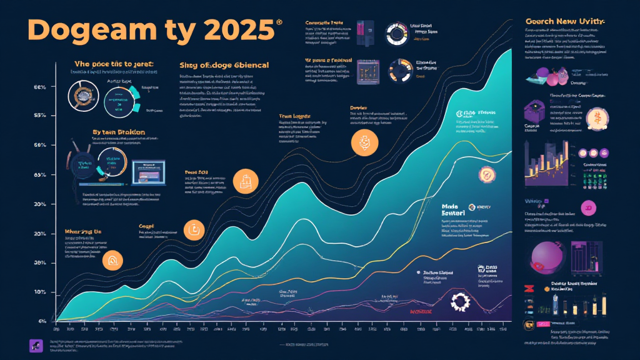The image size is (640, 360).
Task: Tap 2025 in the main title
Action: tap(241, 31)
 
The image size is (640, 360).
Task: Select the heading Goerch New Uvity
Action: tap(566, 22)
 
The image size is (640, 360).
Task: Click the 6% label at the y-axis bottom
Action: tap(42, 321)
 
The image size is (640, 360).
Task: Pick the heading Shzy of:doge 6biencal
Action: tap(224, 65)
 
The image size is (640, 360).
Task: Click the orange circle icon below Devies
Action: tap(362, 142)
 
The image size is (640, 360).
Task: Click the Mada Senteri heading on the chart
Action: tap(454, 210)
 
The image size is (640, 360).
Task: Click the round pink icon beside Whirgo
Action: tap(587, 207)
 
